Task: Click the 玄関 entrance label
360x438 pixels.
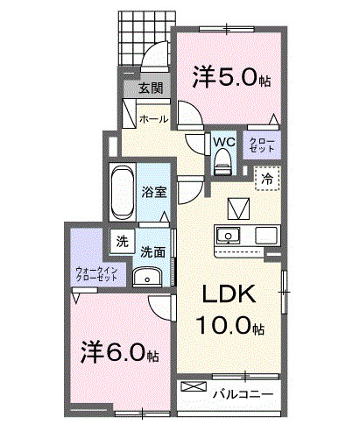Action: point(150,88)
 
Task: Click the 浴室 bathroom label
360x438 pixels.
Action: point(154,192)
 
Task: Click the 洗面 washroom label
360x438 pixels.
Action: point(153,251)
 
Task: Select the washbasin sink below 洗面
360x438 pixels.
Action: point(146,279)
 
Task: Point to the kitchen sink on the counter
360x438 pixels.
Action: point(227,236)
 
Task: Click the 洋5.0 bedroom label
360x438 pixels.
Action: point(230,78)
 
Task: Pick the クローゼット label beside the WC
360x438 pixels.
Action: point(261,145)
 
